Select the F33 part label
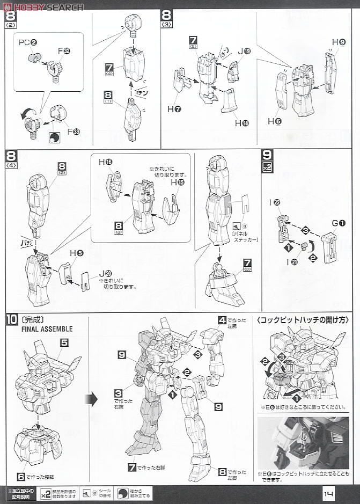point(76,131)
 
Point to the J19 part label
point(244,52)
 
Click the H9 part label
point(338,42)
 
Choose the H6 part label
point(275,121)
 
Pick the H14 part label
point(241,123)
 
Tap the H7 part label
point(174,109)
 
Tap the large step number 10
point(12,319)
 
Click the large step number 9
point(267,156)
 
